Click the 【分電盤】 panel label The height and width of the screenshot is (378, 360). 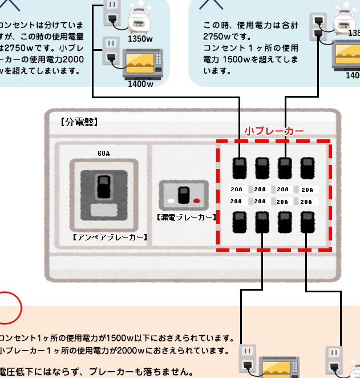point(79,122)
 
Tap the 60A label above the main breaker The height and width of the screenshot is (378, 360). point(104,154)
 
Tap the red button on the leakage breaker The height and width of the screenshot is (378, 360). point(197,201)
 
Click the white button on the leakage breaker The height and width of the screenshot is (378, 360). point(171,201)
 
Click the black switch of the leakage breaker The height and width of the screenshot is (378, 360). point(184,195)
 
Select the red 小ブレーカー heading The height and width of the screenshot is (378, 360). point(274,131)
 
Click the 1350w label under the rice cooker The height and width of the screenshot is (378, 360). point(140,39)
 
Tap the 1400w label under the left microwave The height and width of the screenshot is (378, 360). point(140,84)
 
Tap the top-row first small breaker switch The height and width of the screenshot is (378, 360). point(239,168)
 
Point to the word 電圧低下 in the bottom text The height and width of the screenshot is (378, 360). point(17,372)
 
